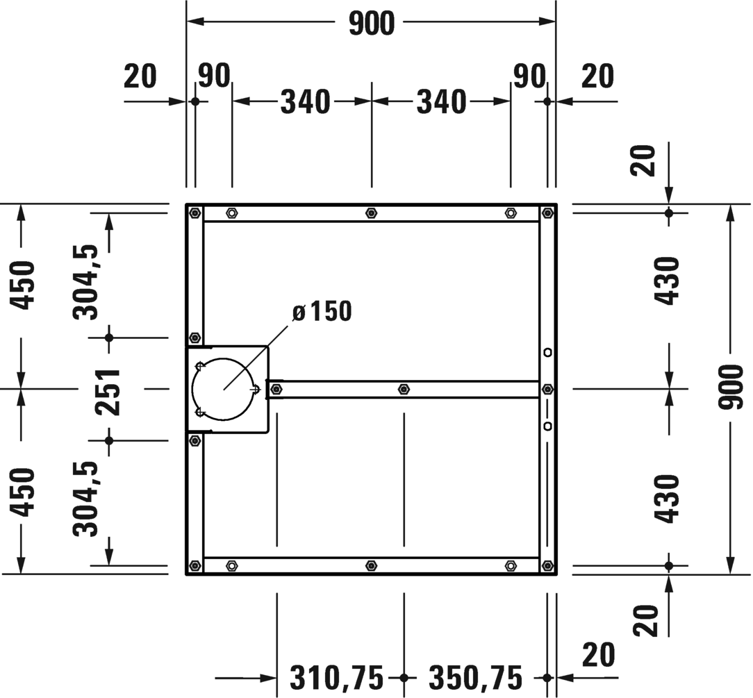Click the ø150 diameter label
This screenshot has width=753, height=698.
(322, 312)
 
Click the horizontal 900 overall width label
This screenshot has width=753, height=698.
(371, 24)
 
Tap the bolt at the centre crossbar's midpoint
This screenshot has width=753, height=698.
(404, 389)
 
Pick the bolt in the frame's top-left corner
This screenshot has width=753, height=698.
(195, 213)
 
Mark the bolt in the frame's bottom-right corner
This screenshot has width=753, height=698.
(547, 565)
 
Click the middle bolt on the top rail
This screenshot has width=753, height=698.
(371, 213)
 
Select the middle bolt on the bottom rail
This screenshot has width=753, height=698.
(371, 565)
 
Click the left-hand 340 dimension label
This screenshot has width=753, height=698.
(305, 102)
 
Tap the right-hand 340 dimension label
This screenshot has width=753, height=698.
(441, 102)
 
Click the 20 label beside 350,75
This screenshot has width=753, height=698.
(598, 654)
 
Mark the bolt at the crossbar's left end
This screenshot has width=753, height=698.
(276, 389)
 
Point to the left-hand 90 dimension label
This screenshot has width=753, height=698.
(214, 76)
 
